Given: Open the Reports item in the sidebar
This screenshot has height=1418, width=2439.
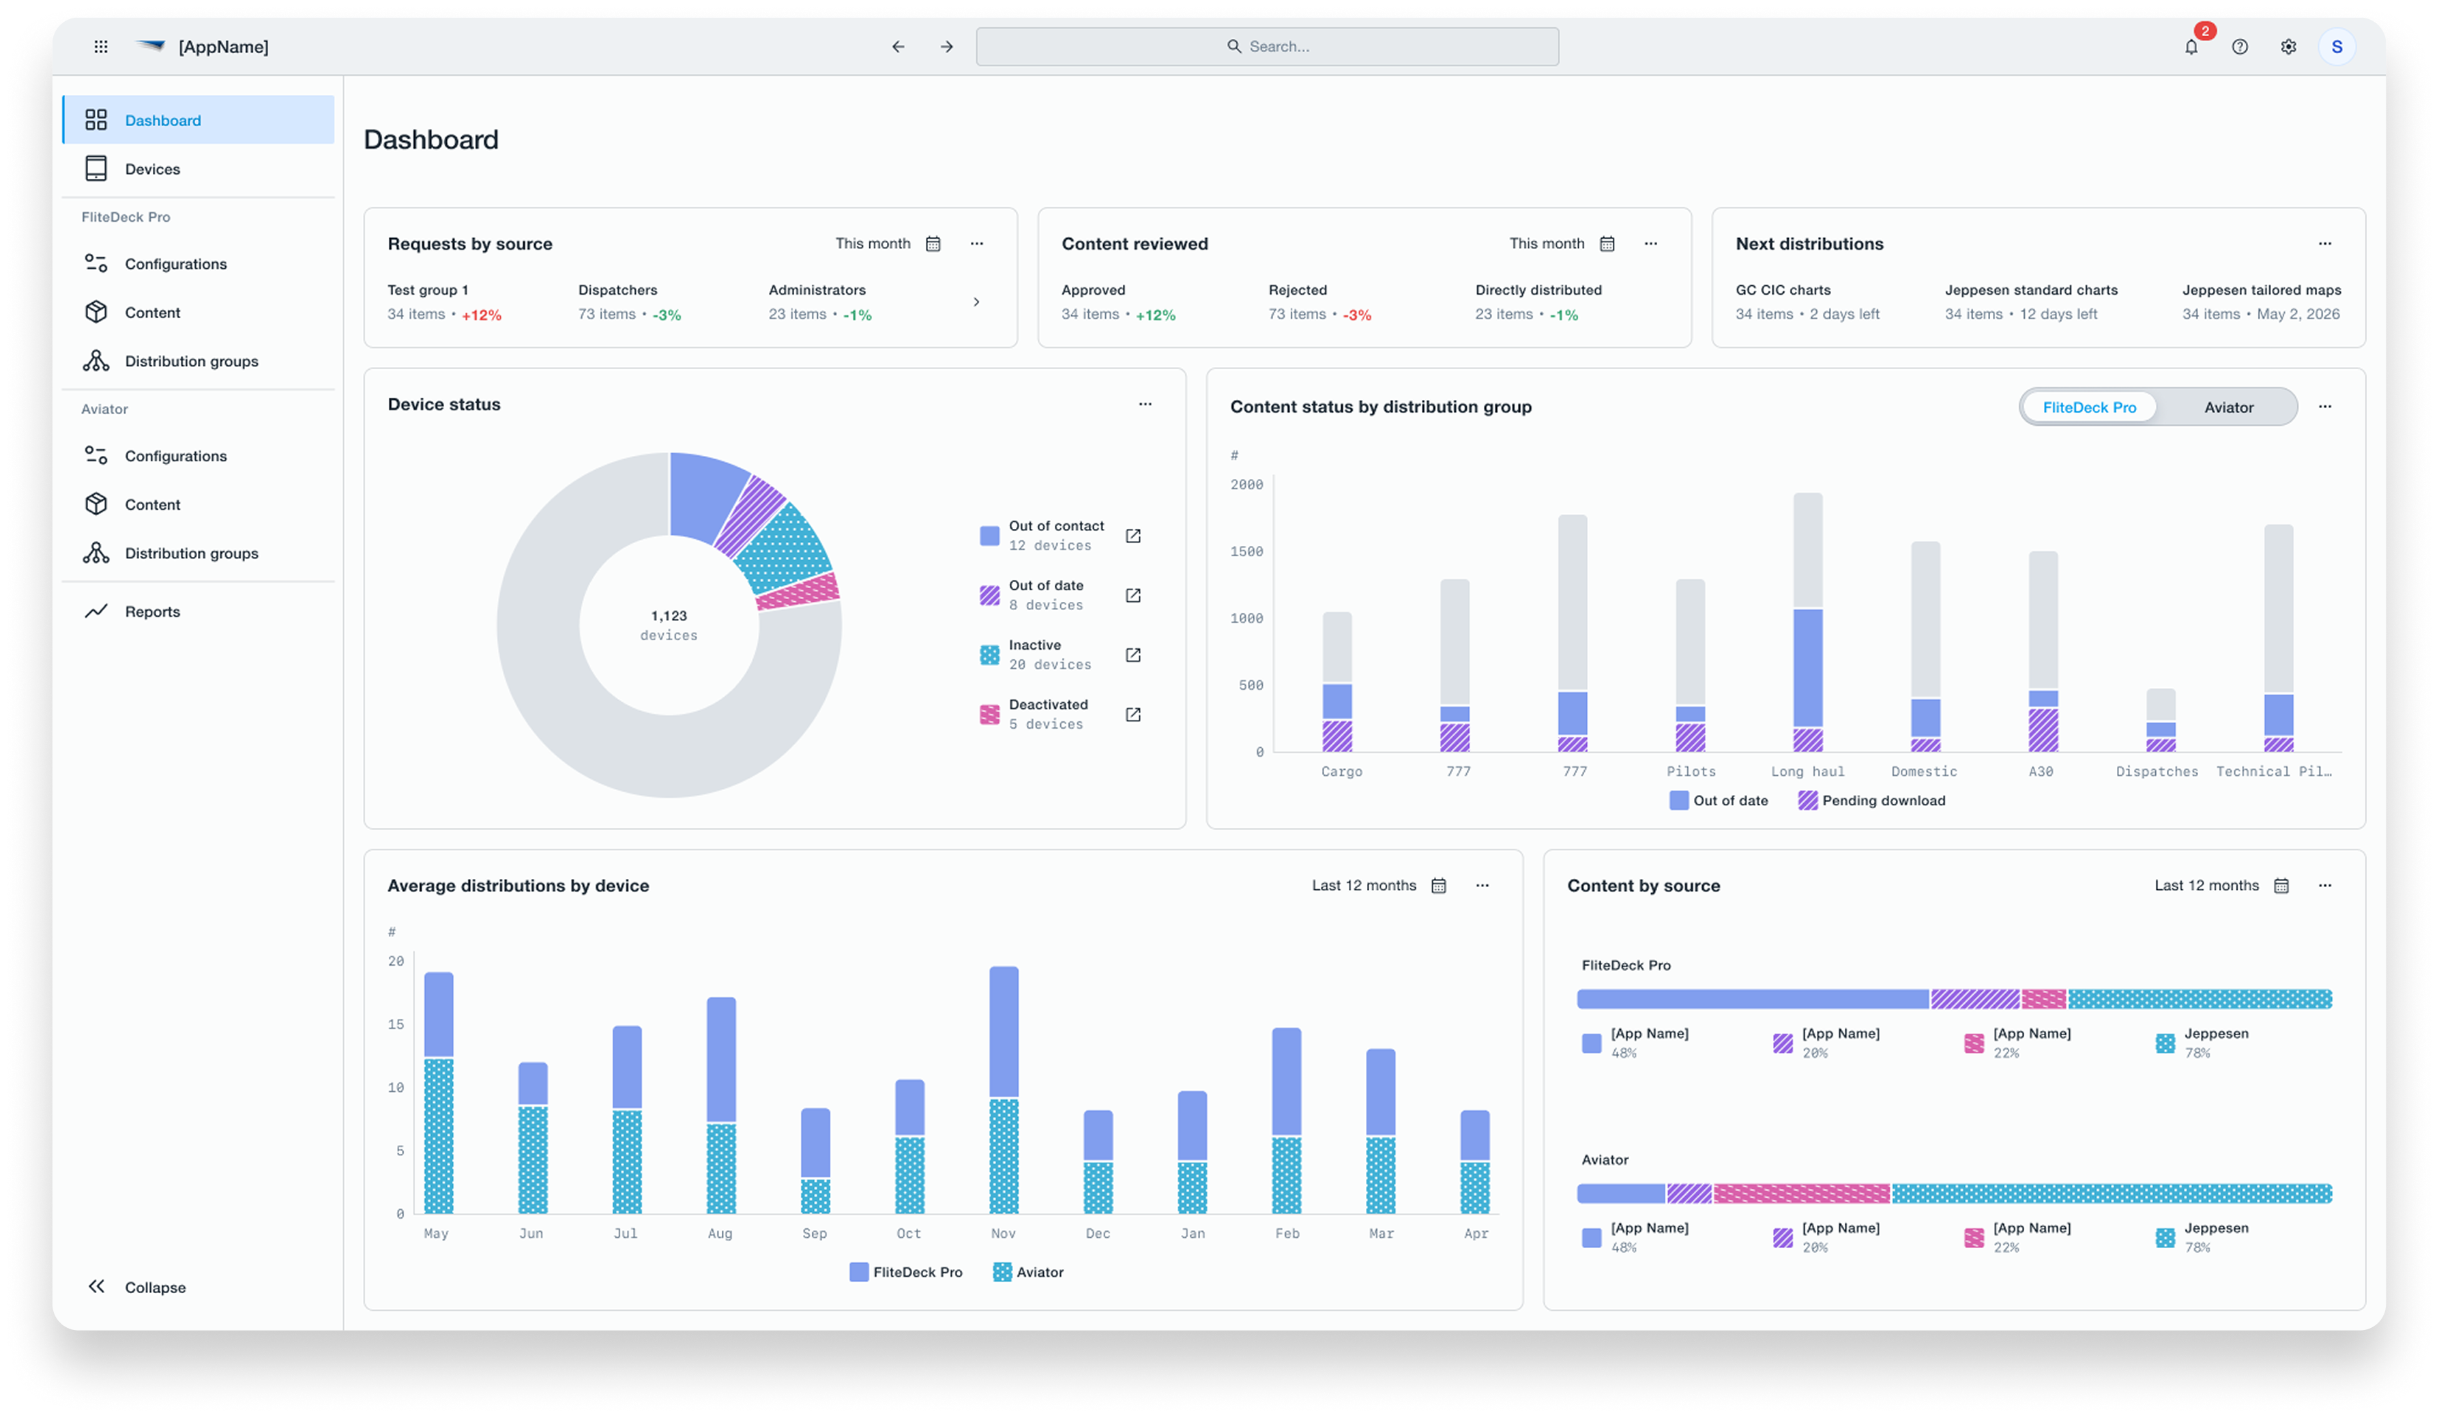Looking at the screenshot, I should (152, 611).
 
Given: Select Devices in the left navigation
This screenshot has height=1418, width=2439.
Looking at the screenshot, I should (152, 169).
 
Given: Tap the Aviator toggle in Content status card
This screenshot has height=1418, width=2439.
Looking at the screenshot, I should (2228, 407).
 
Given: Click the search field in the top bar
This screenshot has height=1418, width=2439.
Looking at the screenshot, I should (1267, 46).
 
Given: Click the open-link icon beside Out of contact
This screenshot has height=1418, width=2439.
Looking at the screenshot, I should (1133, 536).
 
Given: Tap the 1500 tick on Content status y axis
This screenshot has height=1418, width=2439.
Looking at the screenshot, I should (1246, 552).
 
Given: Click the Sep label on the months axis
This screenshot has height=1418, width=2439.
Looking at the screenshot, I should (815, 1233).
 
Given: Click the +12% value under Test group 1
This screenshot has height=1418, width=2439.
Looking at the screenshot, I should (481, 315).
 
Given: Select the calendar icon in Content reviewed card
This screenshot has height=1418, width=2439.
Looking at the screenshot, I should (1607, 244).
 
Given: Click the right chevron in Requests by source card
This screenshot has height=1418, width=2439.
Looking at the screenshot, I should (976, 302).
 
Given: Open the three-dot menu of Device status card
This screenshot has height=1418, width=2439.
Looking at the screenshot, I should (1145, 405).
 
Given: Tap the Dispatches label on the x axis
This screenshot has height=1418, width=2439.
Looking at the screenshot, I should (2157, 771).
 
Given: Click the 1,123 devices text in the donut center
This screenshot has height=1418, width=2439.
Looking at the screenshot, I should (669, 625).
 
